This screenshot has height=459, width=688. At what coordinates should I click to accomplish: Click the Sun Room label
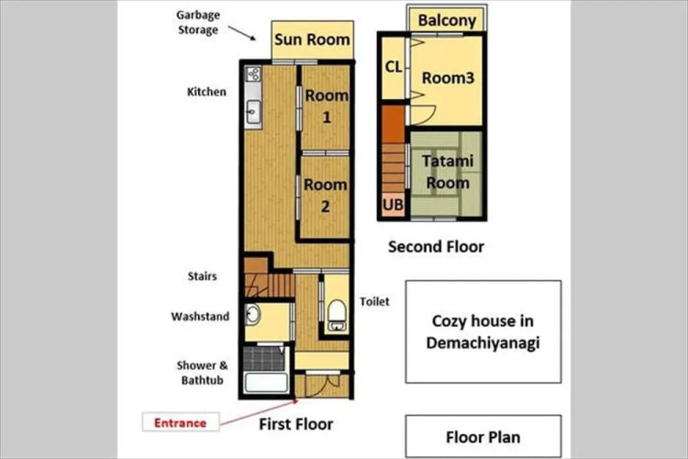click(312, 39)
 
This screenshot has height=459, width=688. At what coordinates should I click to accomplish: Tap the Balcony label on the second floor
click(447, 20)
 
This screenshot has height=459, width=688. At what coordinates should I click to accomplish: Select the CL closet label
click(394, 67)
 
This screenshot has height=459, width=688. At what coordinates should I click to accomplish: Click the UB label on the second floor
click(393, 205)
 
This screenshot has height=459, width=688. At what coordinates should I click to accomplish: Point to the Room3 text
click(448, 78)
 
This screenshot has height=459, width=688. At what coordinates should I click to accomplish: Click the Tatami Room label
click(448, 172)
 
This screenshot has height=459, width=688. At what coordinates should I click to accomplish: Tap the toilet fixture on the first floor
click(337, 315)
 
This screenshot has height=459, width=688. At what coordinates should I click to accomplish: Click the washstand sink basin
click(253, 314)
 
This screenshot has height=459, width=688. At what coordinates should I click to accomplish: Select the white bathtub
click(266, 382)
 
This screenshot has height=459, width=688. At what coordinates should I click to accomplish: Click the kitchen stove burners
click(253, 73)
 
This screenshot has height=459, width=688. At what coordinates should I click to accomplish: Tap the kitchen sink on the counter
click(253, 112)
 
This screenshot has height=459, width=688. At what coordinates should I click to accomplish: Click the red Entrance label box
click(181, 422)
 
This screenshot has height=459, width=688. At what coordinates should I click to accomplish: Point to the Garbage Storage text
click(198, 22)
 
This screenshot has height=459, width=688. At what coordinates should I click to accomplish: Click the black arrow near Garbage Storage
click(242, 33)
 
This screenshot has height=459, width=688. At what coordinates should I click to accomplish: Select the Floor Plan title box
click(483, 437)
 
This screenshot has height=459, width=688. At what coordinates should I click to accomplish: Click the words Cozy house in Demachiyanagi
click(483, 331)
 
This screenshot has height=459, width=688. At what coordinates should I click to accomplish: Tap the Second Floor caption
click(436, 247)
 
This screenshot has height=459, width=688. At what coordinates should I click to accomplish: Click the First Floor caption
click(295, 424)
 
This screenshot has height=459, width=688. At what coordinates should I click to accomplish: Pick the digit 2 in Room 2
click(325, 207)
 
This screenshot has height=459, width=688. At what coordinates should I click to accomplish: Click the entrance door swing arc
click(326, 386)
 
